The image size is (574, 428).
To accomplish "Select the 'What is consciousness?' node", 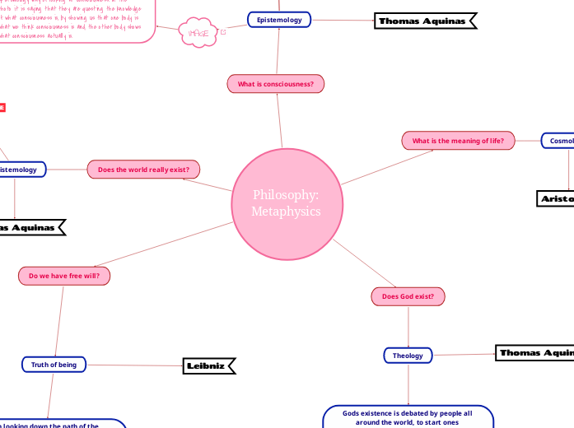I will (276, 84).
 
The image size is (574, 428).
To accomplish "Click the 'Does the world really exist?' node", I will (143, 170).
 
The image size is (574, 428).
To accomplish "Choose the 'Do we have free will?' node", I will (63, 276).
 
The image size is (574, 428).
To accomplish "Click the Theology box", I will (408, 356).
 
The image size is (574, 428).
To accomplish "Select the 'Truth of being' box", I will (54, 364).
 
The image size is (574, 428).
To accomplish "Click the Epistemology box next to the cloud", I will (279, 19).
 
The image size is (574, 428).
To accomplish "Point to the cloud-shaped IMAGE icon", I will (198, 32).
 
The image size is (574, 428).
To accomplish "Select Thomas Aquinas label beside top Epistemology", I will (425, 21).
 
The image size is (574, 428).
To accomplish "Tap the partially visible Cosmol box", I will (558, 141).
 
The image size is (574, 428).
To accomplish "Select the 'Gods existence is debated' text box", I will (408, 416).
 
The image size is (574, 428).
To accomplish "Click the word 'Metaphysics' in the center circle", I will (286, 212).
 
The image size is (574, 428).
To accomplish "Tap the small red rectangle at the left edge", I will (2, 107).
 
